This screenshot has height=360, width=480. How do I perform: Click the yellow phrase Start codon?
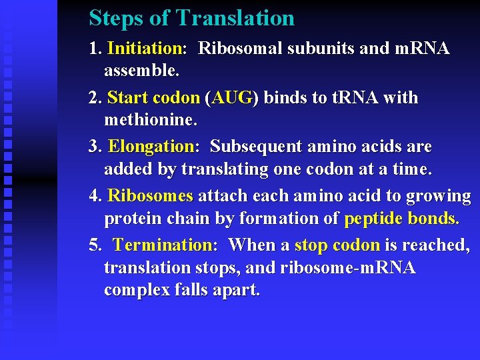point(153,98)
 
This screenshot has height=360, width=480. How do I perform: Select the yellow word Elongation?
point(151,147)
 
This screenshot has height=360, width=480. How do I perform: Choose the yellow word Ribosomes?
point(150,196)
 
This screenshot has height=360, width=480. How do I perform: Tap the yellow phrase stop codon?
point(337,245)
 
